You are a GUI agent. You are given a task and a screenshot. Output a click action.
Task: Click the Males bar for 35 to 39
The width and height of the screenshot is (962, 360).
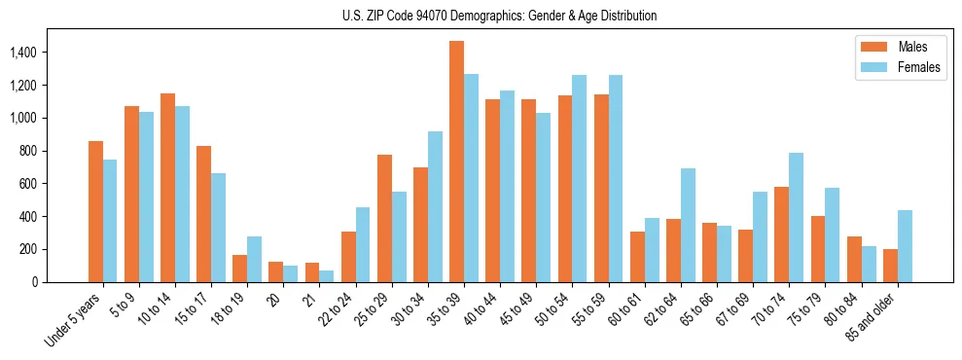coord(456,162)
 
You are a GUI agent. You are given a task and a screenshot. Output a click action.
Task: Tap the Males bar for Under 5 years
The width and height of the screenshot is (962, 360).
coord(95,211)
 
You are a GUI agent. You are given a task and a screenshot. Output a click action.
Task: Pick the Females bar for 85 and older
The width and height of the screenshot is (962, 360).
coord(905,246)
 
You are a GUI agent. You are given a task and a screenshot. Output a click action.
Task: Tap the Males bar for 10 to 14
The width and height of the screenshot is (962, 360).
coord(167,188)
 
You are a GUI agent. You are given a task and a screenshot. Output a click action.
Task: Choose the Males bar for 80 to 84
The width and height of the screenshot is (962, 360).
coord(854,259)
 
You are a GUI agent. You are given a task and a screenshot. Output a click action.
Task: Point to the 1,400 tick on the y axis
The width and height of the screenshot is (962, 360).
coord(37,53)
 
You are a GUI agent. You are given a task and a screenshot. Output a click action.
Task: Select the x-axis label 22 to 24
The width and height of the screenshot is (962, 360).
coord(336,307)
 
